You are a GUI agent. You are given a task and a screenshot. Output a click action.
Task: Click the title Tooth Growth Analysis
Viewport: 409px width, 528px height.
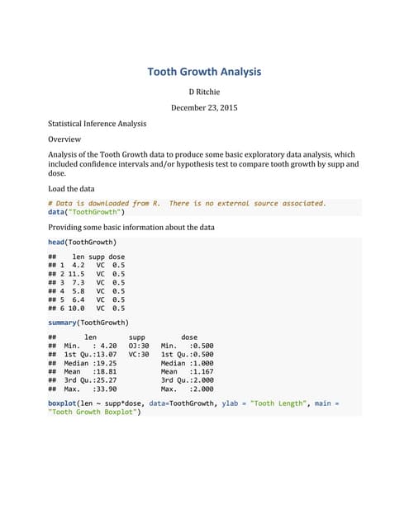204,72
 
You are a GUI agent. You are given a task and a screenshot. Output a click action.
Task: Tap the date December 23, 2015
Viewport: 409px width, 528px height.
204,108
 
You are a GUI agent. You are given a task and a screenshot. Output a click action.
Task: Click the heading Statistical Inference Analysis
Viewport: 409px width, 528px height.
97,124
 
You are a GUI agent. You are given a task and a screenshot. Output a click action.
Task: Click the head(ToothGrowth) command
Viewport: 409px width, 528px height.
82,242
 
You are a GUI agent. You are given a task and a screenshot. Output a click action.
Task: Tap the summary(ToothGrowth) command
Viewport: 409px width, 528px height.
88,322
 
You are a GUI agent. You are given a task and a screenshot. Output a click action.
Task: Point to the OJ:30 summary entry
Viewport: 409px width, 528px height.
139,346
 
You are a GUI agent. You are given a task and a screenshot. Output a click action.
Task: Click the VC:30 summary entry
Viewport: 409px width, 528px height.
139,355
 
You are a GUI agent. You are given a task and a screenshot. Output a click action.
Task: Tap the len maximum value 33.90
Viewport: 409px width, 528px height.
107,387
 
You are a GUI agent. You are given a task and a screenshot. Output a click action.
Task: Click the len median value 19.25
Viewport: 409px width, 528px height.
107,363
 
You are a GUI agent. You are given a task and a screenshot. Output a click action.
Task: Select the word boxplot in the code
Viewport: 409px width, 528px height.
65,403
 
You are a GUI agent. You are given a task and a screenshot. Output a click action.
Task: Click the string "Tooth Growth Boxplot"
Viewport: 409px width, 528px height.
93,412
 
